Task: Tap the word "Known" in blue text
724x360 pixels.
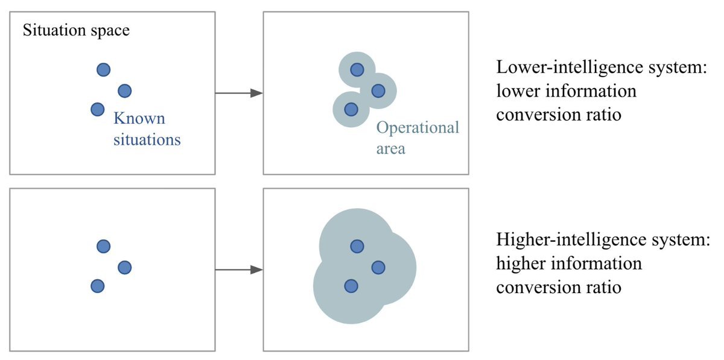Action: click(139, 119)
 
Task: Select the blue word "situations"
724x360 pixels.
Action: click(147, 140)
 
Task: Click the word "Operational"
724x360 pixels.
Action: click(418, 127)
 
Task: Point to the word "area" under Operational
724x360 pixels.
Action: click(390, 148)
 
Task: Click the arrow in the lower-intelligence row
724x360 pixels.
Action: click(239, 93)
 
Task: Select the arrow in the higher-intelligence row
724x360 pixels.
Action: click(239, 270)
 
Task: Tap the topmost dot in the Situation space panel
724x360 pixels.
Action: click(104, 70)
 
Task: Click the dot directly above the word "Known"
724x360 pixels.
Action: click(124, 91)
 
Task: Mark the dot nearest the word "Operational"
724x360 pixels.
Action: click(378, 91)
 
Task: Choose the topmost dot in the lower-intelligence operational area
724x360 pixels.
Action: click(357, 70)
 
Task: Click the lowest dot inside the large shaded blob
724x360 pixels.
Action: click(351, 286)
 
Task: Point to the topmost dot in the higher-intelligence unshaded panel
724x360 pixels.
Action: click(104, 246)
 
